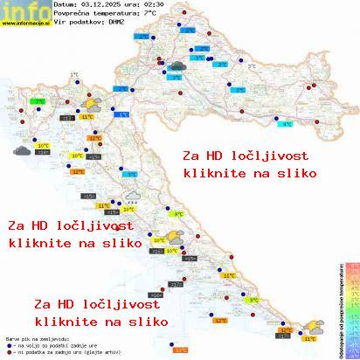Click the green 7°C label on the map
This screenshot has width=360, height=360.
tap(39, 101)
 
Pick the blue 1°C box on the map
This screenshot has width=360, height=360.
tap(123, 114)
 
